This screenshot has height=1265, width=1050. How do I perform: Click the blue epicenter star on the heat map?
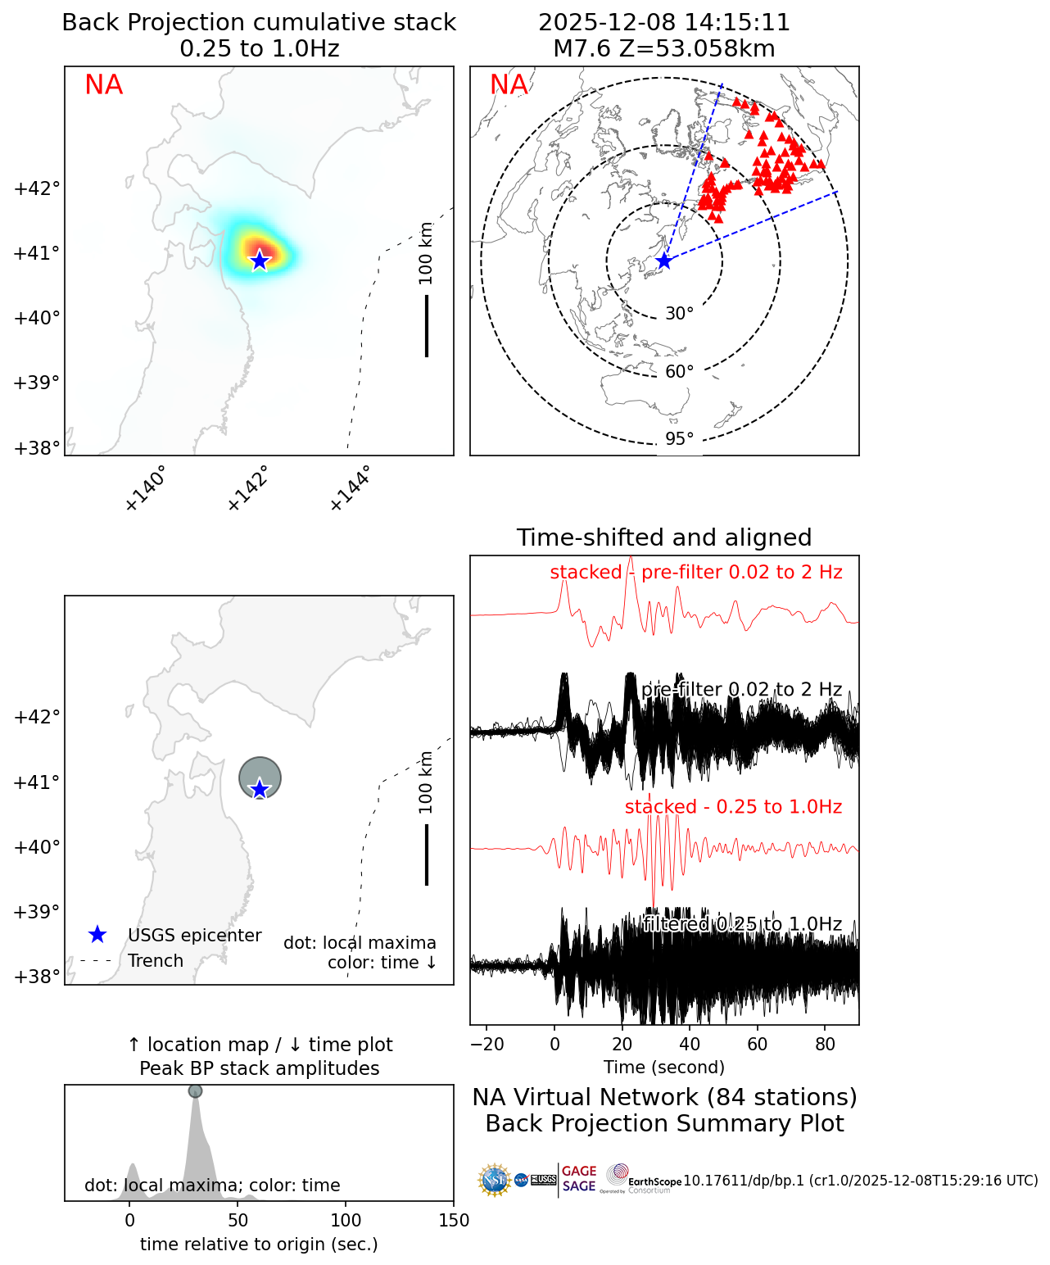point(260,261)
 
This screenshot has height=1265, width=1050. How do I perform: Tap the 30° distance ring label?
point(679,314)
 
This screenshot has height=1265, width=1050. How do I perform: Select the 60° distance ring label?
point(679,372)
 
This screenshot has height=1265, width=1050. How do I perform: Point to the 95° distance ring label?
point(679,439)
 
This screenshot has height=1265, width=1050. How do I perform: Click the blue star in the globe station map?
point(664,261)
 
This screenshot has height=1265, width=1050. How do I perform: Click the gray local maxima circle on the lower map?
point(260,776)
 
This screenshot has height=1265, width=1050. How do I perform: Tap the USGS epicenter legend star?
point(97,935)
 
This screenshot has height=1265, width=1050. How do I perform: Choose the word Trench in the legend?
point(156,961)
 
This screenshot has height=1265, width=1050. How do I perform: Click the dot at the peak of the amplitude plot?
point(195,1090)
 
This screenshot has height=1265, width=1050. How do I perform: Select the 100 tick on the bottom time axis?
point(346,1221)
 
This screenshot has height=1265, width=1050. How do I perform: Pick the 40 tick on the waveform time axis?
point(690,1044)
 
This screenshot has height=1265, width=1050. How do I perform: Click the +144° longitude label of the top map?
point(351,488)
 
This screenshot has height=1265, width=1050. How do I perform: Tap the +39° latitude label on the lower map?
point(37,912)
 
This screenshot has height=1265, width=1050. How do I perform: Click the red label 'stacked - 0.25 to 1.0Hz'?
point(733,807)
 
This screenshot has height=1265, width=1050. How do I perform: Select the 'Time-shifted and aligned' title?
point(664,537)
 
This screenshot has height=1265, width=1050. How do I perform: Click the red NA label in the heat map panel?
point(104,85)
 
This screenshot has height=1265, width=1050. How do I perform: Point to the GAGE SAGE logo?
point(579,1179)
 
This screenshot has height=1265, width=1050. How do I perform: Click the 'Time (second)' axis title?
point(664,1068)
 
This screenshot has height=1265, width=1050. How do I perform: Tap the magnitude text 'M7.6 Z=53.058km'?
point(664,49)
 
